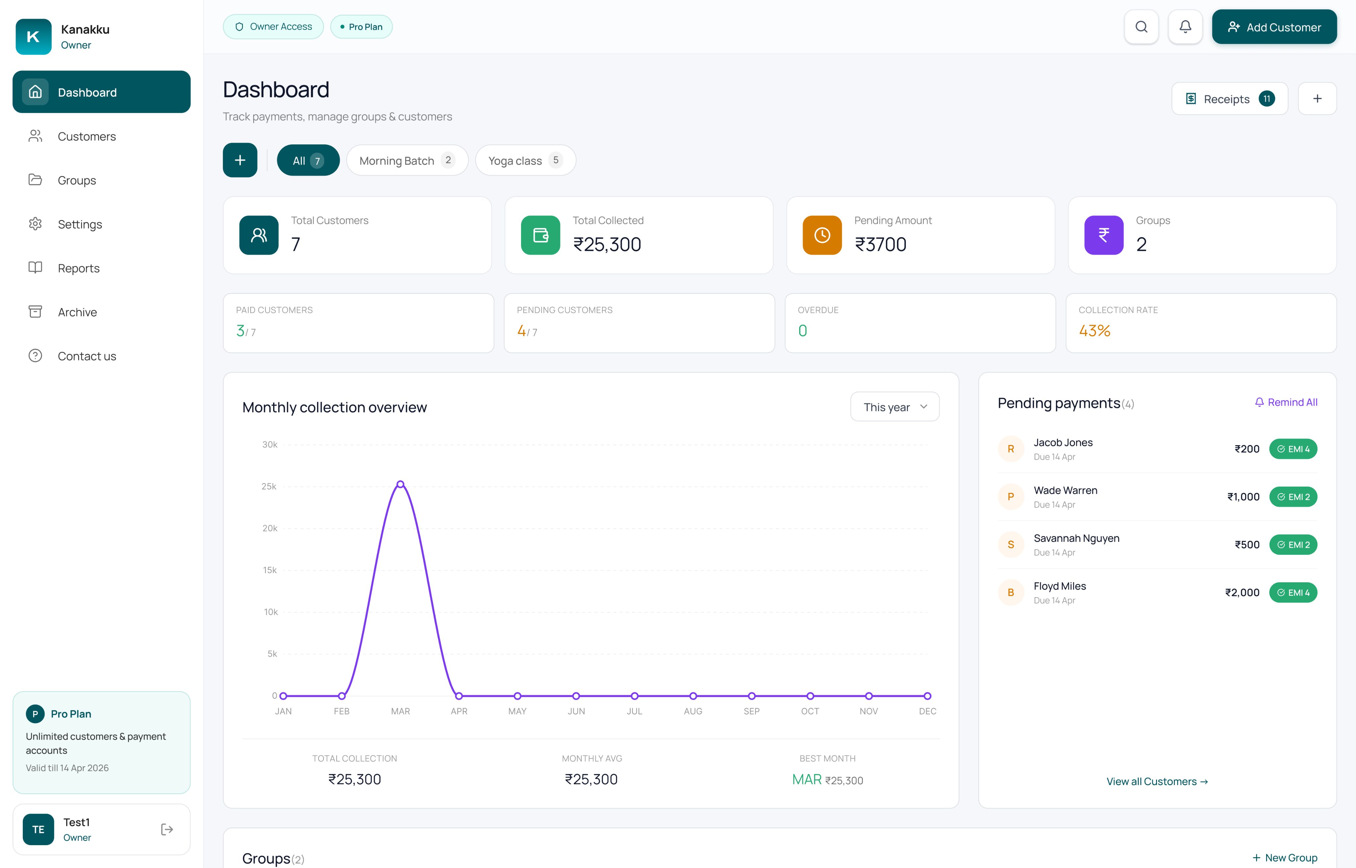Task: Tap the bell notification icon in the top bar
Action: pyautogui.click(x=1185, y=27)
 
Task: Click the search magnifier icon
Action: pyautogui.click(x=1141, y=27)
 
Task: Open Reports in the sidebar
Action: pyautogui.click(x=78, y=268)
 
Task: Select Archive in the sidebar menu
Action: pyautogui.click(x=77, y=312)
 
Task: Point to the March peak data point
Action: pyautogui.click(x=400, y=484)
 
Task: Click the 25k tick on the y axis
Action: pyautogui.click(x=269, y=486)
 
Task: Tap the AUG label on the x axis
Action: pyautogui.click(x=693, y=711)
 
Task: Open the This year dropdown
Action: pyautogui.click(x=895, y=407)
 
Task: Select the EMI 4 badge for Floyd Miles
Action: pyautogui.click(x=1293, y=592)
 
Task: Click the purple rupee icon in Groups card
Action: pyautogui.click(x=1103, y=235)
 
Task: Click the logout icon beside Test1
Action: pyautogui.click(x=167, y=829)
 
